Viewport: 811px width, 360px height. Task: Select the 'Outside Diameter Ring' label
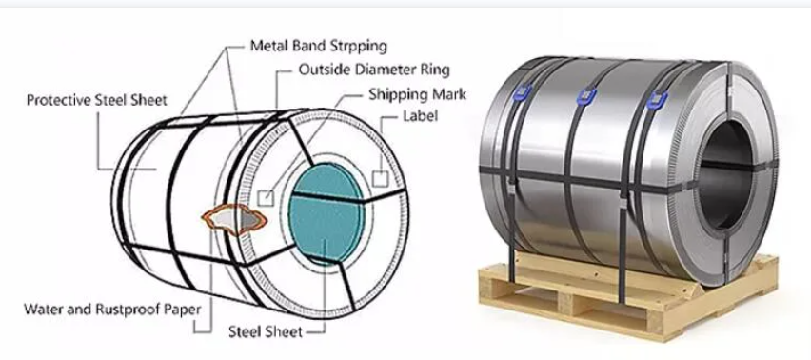click(x=373, y=70)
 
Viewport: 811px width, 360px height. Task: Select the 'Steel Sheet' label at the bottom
click(x=265, y=332)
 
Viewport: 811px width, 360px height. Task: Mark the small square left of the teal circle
click(x=267, y=197)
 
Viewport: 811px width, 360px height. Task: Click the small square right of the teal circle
click(x=381, y=177)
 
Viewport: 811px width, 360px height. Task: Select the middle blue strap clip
click(x=584, y=95)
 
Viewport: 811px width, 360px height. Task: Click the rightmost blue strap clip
click(x=654, y=99)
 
